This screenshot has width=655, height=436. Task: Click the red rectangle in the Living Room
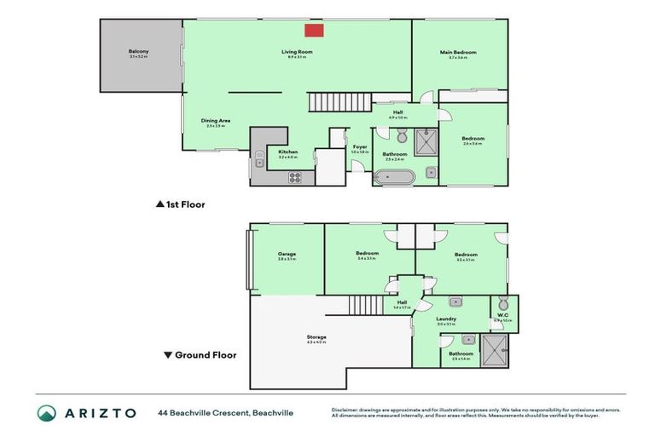coord(315,31)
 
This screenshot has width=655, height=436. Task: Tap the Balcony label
coord(139,52)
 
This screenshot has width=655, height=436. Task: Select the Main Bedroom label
coord(458,53)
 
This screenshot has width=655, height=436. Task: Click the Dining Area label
coord(216,121)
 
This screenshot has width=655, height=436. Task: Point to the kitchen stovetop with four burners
coord(295,177)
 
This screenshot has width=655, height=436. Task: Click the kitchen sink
coord(259,158)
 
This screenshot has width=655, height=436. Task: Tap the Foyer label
coord(360,147)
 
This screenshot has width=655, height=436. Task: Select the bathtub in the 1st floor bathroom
coord(395,177)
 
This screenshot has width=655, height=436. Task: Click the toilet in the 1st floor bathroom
coord(402,135)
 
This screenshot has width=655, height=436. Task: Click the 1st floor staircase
coord(328,103)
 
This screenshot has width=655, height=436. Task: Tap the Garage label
coord(287,254)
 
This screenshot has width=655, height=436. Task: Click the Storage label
coord(316,337)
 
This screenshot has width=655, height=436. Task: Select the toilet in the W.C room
coord(503,304)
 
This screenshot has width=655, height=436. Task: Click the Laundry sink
coord(456,301)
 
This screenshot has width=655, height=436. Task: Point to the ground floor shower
coord(495,350)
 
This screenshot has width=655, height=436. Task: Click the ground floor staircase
coord(364,305)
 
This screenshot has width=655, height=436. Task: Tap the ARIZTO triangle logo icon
coord(46,413)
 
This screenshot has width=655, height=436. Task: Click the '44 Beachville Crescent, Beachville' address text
coord(225,413)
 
